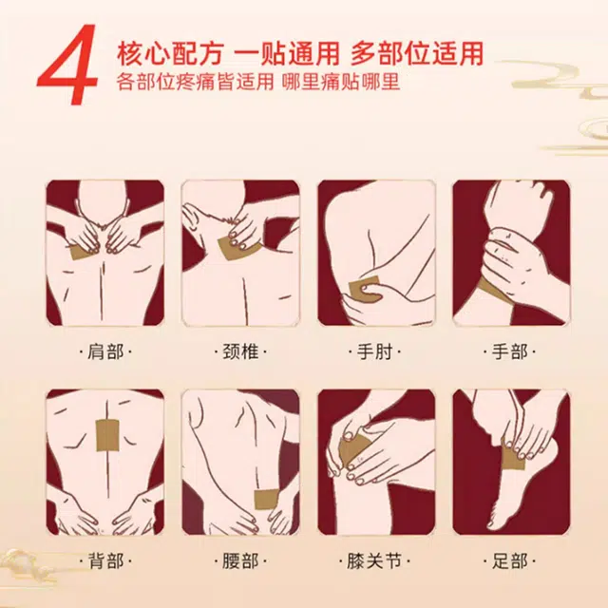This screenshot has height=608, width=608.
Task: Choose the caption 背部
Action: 104,561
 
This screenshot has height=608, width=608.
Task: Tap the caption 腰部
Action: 240,561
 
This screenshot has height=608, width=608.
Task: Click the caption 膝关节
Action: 375,561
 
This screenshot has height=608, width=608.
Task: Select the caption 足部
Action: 509,561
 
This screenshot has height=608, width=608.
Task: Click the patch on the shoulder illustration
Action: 86,252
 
